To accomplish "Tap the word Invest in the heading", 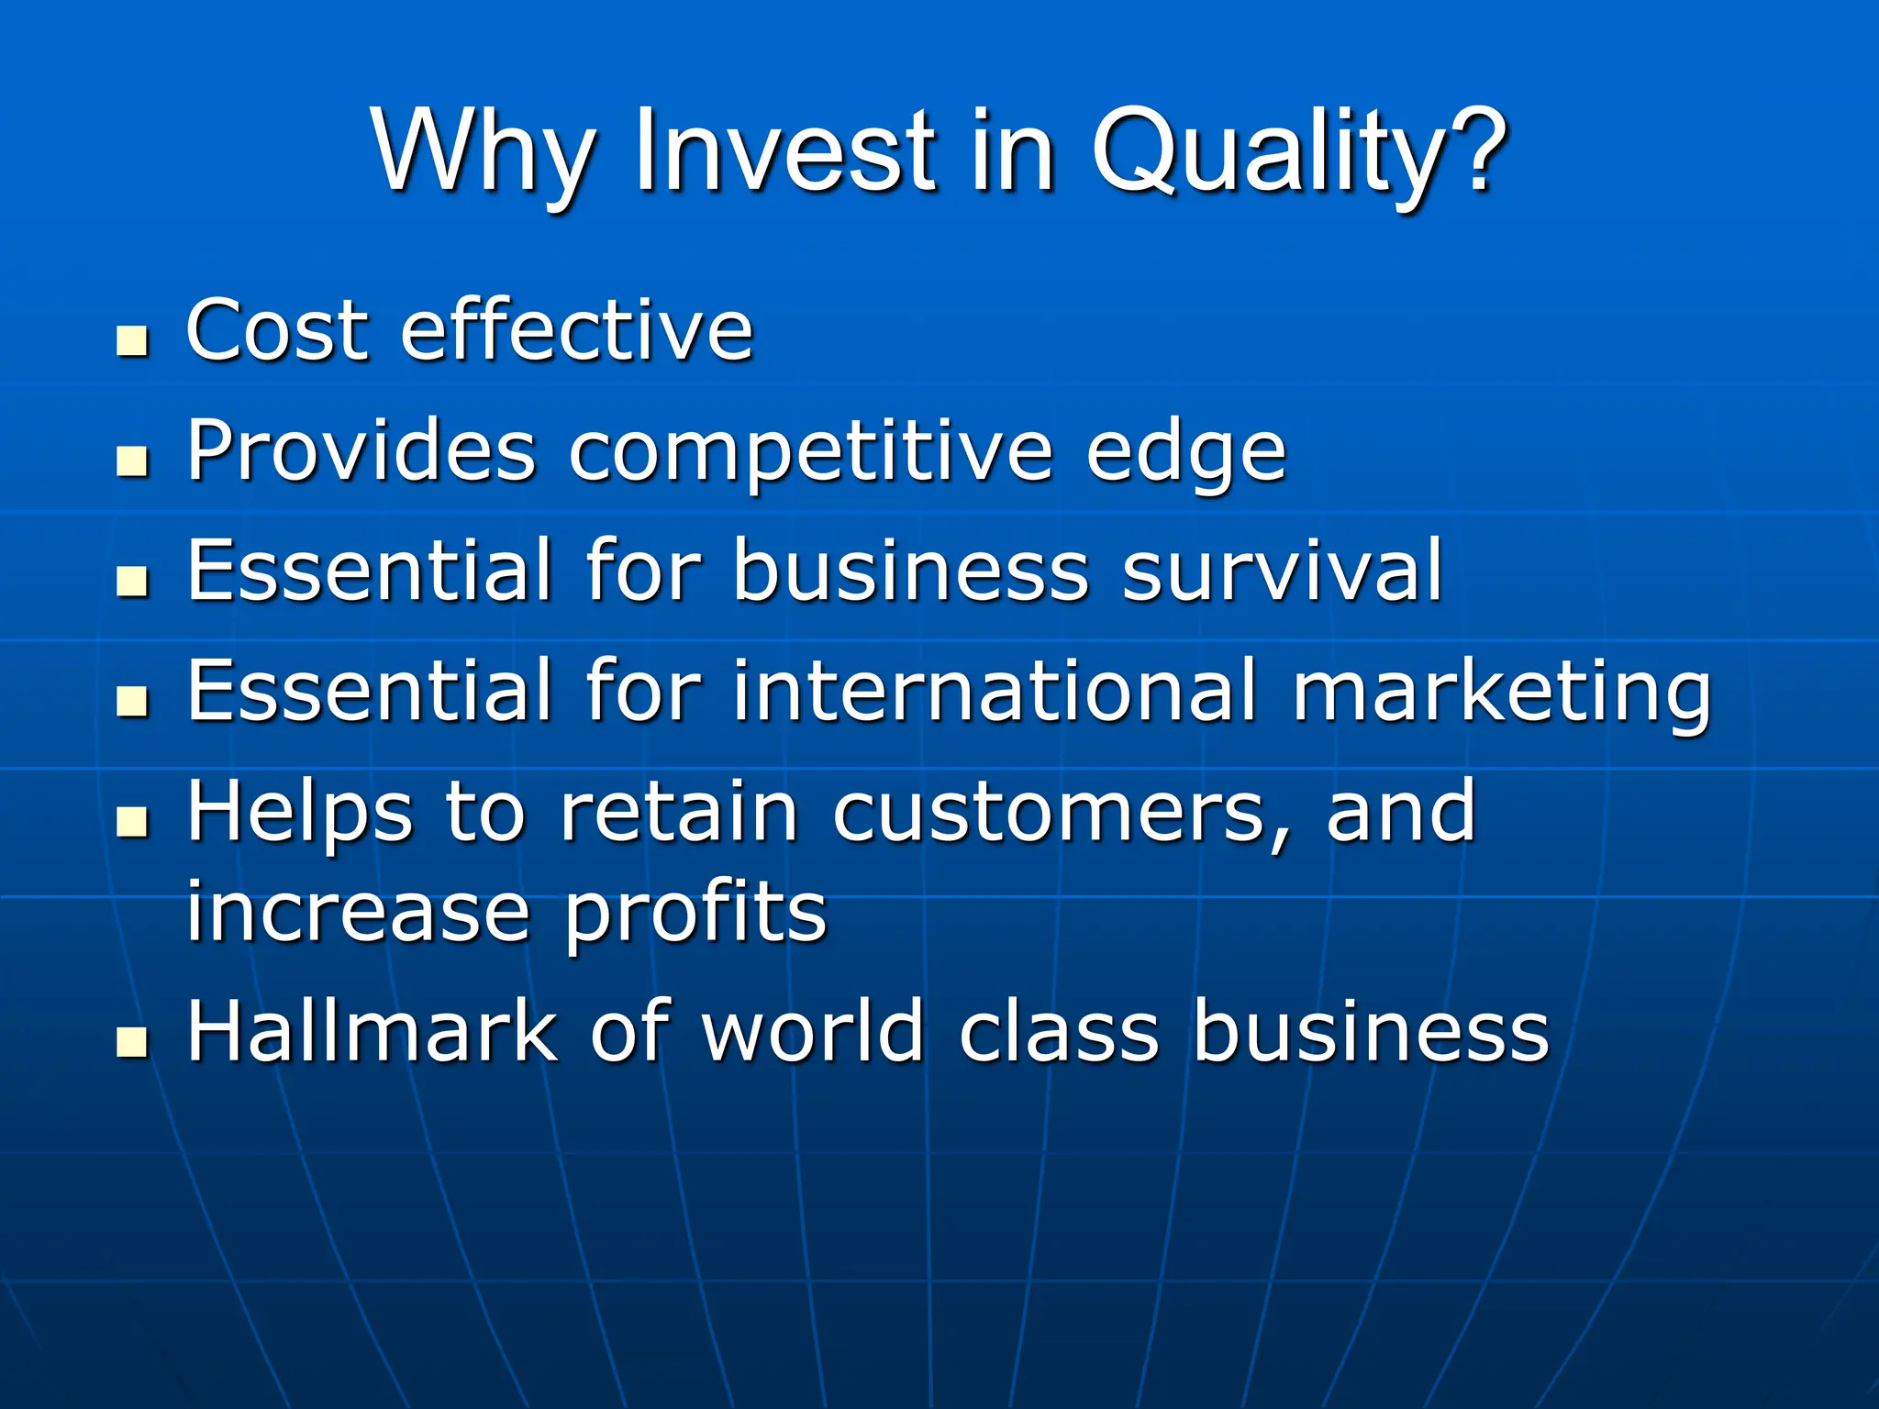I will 784,151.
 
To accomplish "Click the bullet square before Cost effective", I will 133,341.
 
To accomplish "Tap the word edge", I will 1185,451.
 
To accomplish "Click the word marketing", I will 1501,690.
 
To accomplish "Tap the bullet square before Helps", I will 133,822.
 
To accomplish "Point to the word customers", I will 1060,812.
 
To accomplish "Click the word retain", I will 679,812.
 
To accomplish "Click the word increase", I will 358,913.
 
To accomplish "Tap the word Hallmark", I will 372,1032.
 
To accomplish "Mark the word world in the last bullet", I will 813,1032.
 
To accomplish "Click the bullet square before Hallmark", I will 133,1043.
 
